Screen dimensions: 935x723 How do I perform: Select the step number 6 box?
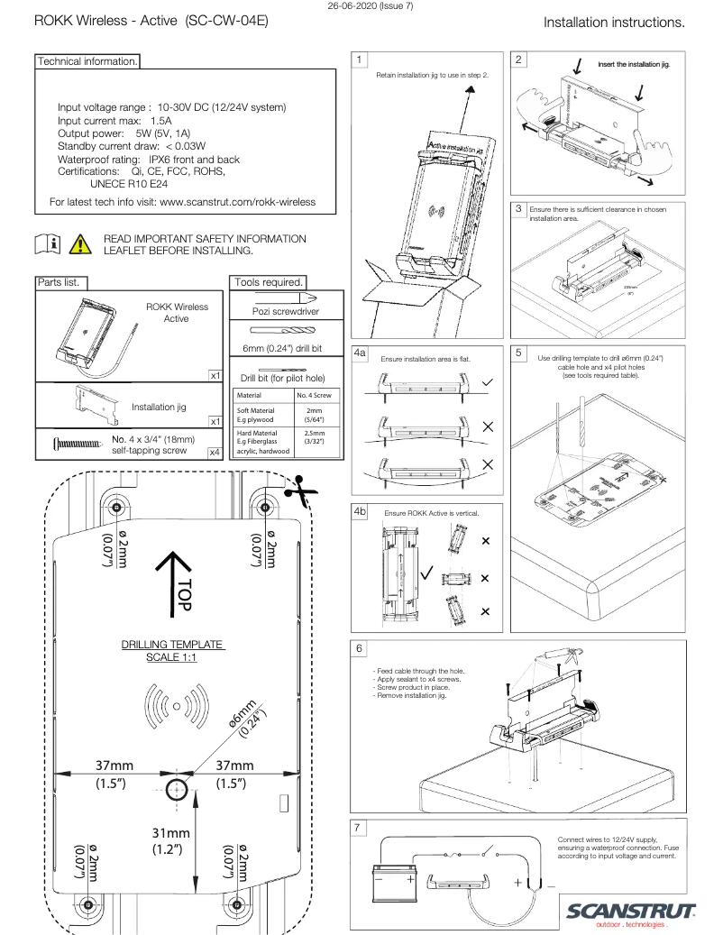click(361, 649)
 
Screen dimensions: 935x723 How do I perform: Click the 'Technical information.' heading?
click(87, 61)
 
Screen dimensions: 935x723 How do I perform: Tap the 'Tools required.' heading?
click(268, 282)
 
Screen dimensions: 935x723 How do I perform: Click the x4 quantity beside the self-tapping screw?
click(215, 452)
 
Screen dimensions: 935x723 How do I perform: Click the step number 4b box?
click(361, 511)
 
